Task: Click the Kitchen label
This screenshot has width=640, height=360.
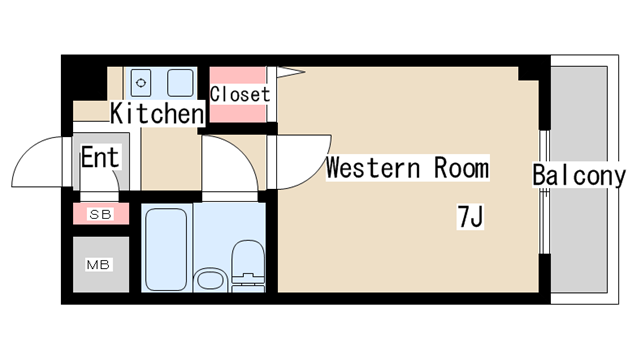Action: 157,113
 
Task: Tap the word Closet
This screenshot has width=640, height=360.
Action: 240,94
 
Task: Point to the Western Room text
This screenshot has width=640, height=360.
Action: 407,168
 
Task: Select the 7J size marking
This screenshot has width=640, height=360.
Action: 470,216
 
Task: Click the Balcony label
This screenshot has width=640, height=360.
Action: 579,175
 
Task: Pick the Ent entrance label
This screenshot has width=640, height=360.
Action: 100,157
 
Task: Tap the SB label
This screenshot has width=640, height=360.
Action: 101,214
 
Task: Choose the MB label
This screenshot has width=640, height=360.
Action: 98,265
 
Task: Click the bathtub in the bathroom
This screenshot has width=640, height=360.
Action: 166,249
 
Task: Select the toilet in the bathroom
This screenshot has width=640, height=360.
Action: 248,265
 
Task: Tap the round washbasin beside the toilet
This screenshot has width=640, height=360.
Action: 210,280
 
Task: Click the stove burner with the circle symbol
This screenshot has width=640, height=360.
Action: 141,83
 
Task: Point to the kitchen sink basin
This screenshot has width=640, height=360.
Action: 180,83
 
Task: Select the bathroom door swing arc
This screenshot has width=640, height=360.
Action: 241,151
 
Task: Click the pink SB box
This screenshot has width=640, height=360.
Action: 101,213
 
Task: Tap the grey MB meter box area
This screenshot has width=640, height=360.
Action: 101,264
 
